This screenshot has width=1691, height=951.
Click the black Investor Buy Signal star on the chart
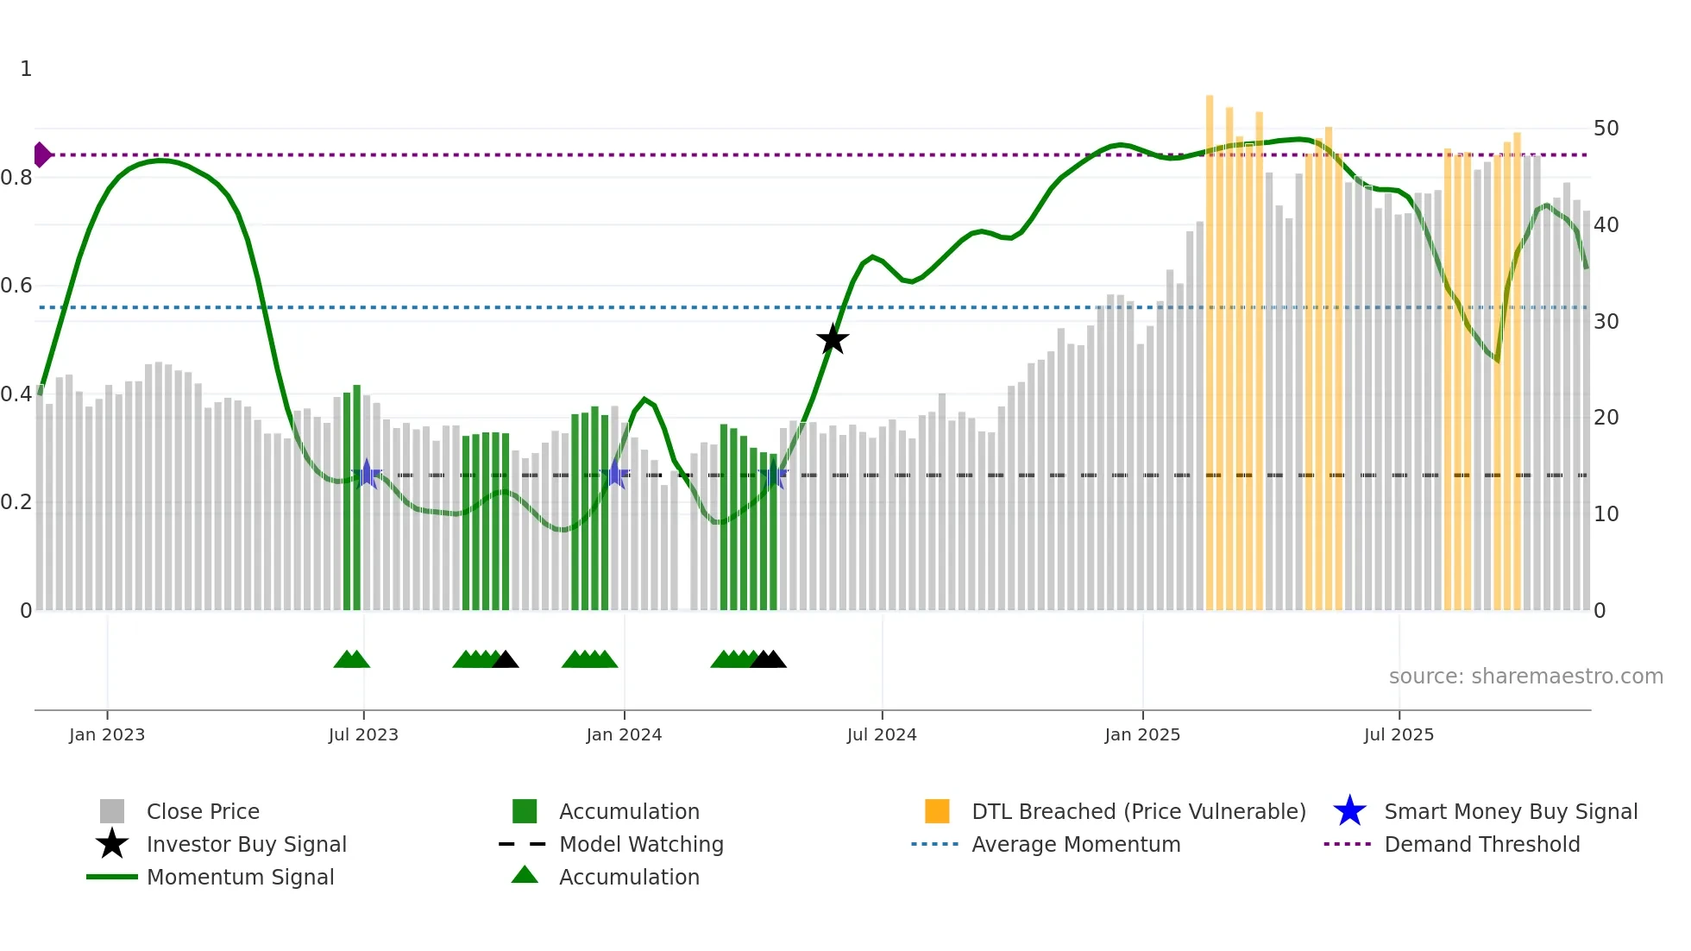[833, 340]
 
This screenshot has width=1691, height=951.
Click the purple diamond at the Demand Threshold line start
[41, 154]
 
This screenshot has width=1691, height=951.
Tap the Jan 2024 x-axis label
[624, 734]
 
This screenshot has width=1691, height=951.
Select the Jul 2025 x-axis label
[1399, 734]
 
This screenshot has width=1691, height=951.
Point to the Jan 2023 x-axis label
[107, 734]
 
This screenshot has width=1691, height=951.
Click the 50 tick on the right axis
[1606, 129]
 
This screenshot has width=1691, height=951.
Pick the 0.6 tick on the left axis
[17, 286]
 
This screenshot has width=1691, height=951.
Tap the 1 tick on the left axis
[26, 69]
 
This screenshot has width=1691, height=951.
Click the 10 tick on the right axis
[1606, 514]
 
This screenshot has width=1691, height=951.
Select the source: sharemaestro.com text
[1525, 677]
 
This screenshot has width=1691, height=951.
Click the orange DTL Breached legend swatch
[937, 811]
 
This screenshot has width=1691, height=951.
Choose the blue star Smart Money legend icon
[1349, 811]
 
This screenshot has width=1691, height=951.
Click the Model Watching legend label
[641, 844]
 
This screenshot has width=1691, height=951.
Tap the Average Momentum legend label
[1076, 844]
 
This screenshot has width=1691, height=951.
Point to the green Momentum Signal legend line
[112, 877]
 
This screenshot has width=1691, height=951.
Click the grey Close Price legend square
[112, 811]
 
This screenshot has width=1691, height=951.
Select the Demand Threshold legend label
[1481, 844]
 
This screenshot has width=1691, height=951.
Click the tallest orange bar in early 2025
[1210, 345]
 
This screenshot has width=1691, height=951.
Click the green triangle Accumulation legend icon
[525, 875]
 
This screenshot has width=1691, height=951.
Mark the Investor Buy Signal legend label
[247, 844]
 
